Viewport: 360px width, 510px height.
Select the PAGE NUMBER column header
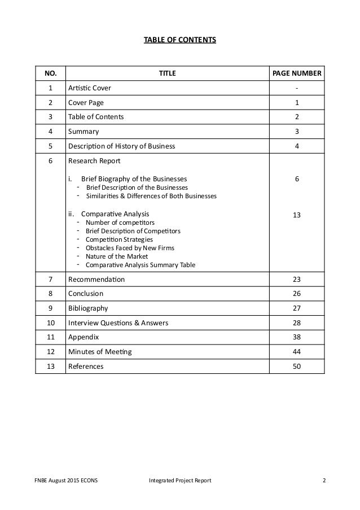pos(297,73)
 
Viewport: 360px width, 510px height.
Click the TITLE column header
pos(167,73)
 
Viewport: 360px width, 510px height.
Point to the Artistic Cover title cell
pos(89,88)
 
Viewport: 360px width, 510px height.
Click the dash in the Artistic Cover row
pos(297,88)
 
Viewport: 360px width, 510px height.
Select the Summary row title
pos(84,132)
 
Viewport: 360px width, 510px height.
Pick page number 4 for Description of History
pos(297,146)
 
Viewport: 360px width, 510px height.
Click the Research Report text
pos(94,161)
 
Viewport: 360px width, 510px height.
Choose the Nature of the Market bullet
pos(116,256)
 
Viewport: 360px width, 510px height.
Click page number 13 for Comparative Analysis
pos(297,215)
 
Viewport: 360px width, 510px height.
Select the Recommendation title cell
pos(96,279)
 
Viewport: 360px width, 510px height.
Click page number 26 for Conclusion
pos(297,294)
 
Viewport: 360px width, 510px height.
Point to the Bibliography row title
pos(88,308)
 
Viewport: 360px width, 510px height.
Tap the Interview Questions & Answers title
pos(118,323)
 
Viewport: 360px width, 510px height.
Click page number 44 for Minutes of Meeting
pos(297,352)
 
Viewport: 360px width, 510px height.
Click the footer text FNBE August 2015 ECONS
pos(60,481)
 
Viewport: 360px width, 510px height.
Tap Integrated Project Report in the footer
pos(180,481)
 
